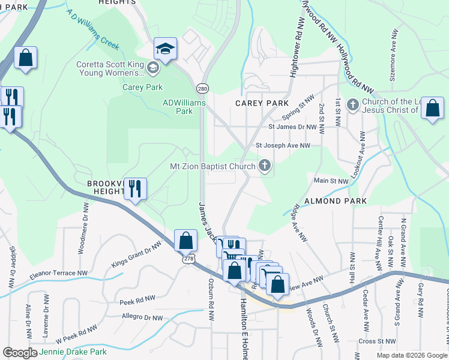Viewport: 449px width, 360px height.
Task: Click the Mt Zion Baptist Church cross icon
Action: coord(264,166)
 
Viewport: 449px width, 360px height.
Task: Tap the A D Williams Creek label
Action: coord(93,28)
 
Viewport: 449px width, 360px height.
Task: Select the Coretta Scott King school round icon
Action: coord(153,68)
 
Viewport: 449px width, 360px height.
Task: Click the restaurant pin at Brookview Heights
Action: coord(135,189)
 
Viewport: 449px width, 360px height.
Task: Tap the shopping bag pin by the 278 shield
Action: coord(186,241)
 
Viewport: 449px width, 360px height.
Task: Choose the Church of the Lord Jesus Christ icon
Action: coord(352,106)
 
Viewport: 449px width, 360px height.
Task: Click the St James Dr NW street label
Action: coord(292,127)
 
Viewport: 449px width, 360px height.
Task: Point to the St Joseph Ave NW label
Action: coord(283,145)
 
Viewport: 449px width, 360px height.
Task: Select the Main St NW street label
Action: coord(331,181)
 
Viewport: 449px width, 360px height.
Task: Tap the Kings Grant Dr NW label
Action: coord(136,254)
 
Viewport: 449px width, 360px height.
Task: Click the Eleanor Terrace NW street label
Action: coord(58,275)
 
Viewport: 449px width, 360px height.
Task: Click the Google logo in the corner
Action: coord(20,353)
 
